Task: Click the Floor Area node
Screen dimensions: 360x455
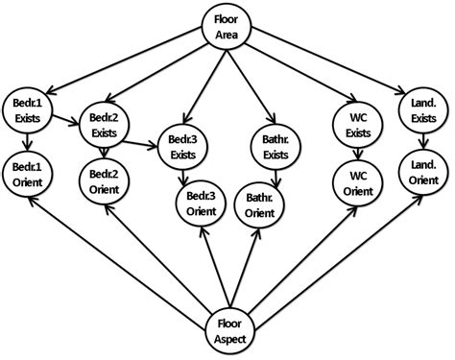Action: (227, 26)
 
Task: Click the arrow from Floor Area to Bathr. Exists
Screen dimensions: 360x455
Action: (251, 81)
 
